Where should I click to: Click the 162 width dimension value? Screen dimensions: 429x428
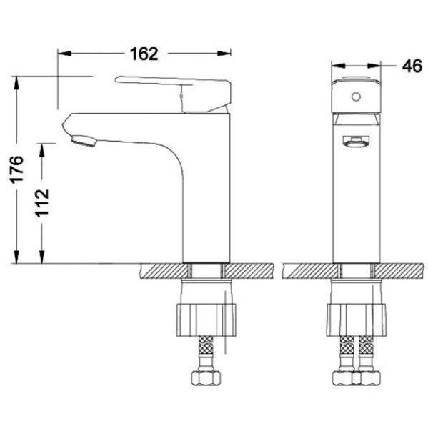144,54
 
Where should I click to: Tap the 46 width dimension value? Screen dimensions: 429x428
410,66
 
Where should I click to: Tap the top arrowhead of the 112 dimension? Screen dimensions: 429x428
44,147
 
